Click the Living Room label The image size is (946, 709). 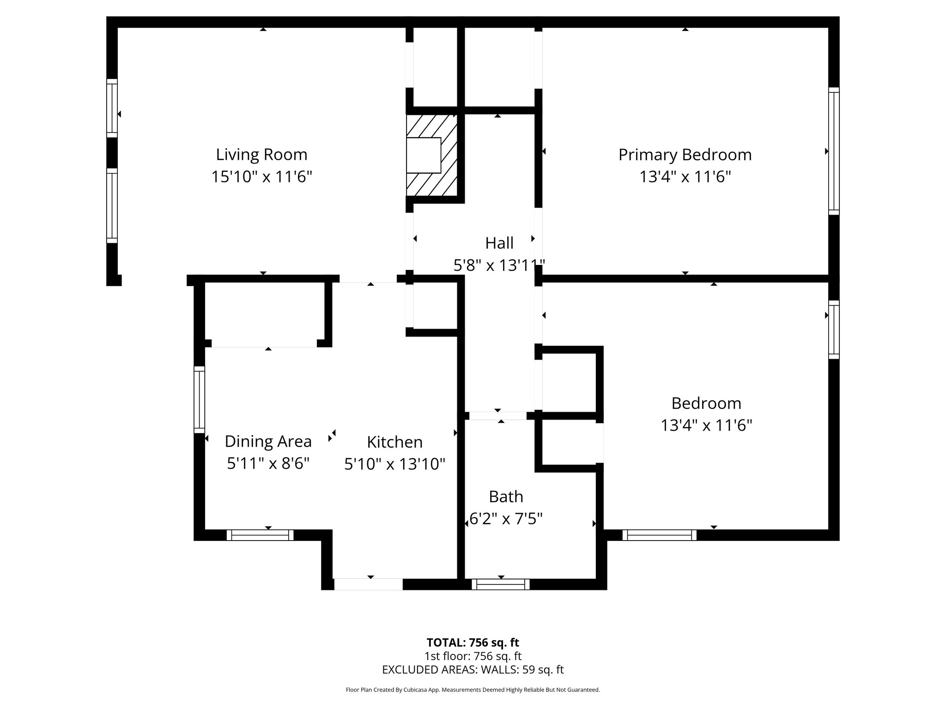[x=261, y=154]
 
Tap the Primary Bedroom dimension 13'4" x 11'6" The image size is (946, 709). [x=685, y=177]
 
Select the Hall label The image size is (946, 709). [x=499, y=243]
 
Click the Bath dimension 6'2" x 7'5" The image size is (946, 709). [x=505, y=519]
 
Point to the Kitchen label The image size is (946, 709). [x=394, y=442]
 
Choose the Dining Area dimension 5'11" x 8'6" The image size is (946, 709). [x=268, y=463]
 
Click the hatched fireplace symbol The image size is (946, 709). [x=431, y=155]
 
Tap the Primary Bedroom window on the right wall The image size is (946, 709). [x=833, y=151]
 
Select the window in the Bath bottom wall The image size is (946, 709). [x=501, y=584]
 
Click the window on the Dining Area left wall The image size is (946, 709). [x=199, y=400]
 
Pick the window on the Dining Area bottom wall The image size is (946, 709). [x=260, y=535]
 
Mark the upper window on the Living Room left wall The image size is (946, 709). [x=112, y=108]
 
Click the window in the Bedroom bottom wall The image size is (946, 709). [x=659, y=535]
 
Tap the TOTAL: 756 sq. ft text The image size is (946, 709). [x=473, y=643]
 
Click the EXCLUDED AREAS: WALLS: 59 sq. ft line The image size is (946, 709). [x=473, y=670]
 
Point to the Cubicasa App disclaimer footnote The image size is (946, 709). [x=473, y=690]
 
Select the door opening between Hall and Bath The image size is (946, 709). [x=497, y=415]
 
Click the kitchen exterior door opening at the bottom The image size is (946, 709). [x=368, y=584]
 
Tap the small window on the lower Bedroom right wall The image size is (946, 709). [x=833, y=330]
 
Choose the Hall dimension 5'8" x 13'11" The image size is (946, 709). [x=499, y=265]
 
